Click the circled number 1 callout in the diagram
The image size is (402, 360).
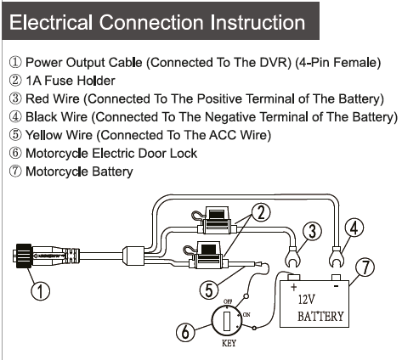[x=40, y=291]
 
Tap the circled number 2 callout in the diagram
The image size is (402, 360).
[x=261, y=213]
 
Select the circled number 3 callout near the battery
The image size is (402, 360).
[x=312, y=231]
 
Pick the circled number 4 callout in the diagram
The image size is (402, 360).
[x=354, y=228]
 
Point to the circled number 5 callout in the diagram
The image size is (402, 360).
[x=209, y=290]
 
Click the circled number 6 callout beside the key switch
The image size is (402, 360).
[x=185, y=331]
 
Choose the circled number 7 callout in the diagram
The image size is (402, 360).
[x=365, y=267]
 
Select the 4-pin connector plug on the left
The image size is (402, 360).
[x=46, y=256]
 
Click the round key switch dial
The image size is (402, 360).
[x=227, y=321]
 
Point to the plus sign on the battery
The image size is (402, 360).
[x=293, y=287]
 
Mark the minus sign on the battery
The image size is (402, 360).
[x=336, y=287]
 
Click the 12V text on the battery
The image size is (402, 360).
[x=307, y=300]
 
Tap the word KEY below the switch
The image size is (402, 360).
[x=229, y=343]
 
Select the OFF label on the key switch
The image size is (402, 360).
[x=228, y=301]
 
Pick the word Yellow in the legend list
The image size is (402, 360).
[x=45, y=135]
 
